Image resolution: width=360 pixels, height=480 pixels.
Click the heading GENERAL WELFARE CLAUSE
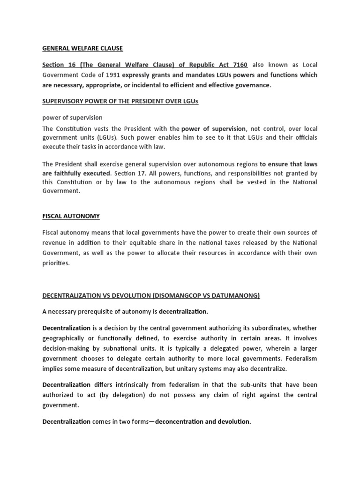pyautogui.click(x=82, y=48)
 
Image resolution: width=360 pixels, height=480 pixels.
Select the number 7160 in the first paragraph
pyautogui.click(x=238, y=65)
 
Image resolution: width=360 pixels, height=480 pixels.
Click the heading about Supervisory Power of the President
pyautogui.click(x=120, y=102)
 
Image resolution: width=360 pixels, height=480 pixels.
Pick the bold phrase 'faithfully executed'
pyautogui.click(x=77, y=173)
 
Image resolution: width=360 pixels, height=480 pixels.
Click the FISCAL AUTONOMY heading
pyautogui.click(x=71, y=216)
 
